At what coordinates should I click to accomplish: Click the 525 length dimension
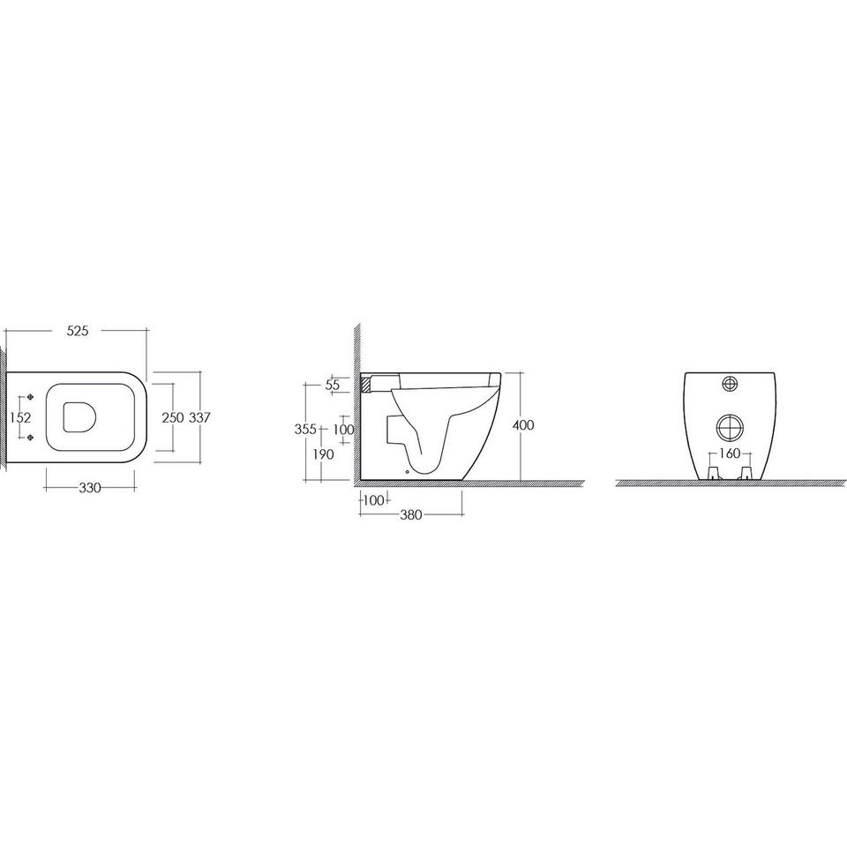click(78, 331)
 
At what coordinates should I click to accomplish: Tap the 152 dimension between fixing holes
click(21, 417)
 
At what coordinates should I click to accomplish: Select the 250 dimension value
click(173, 417)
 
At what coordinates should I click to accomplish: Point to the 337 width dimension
click(199, 417)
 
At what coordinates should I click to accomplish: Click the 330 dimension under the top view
click(90, 488)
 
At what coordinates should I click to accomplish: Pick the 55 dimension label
click(333, 386)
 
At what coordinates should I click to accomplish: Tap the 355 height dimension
click(305, 430)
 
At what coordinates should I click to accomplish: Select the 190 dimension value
click(324, 455)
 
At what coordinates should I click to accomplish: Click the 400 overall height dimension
click(523, 425)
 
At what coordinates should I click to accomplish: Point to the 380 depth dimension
click(410, 514)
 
